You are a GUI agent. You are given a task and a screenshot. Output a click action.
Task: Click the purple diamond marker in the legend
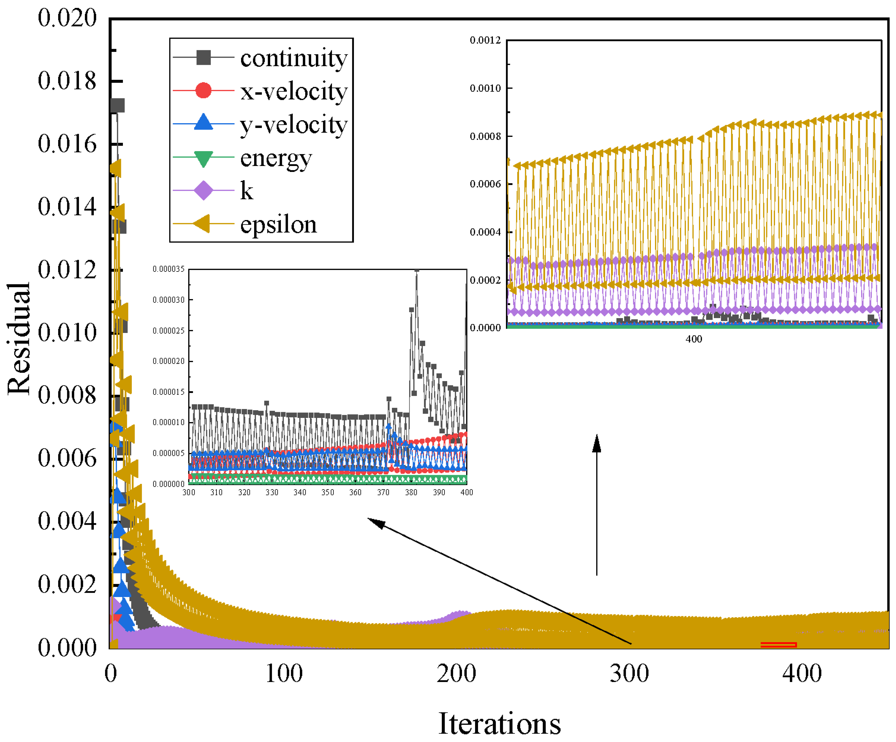click(x=203, y=190)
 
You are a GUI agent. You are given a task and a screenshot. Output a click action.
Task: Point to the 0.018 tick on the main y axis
click(x=67, y=81)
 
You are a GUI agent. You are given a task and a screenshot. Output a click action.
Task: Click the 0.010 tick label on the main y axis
click(x=67, y=332)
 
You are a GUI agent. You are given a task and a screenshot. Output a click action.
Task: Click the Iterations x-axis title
click(x=499, y=724)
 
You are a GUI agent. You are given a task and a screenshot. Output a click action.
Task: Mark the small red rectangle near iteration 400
click(x=778, y=644)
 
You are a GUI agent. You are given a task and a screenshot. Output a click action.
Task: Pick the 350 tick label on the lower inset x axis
click(x=327, y=492)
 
